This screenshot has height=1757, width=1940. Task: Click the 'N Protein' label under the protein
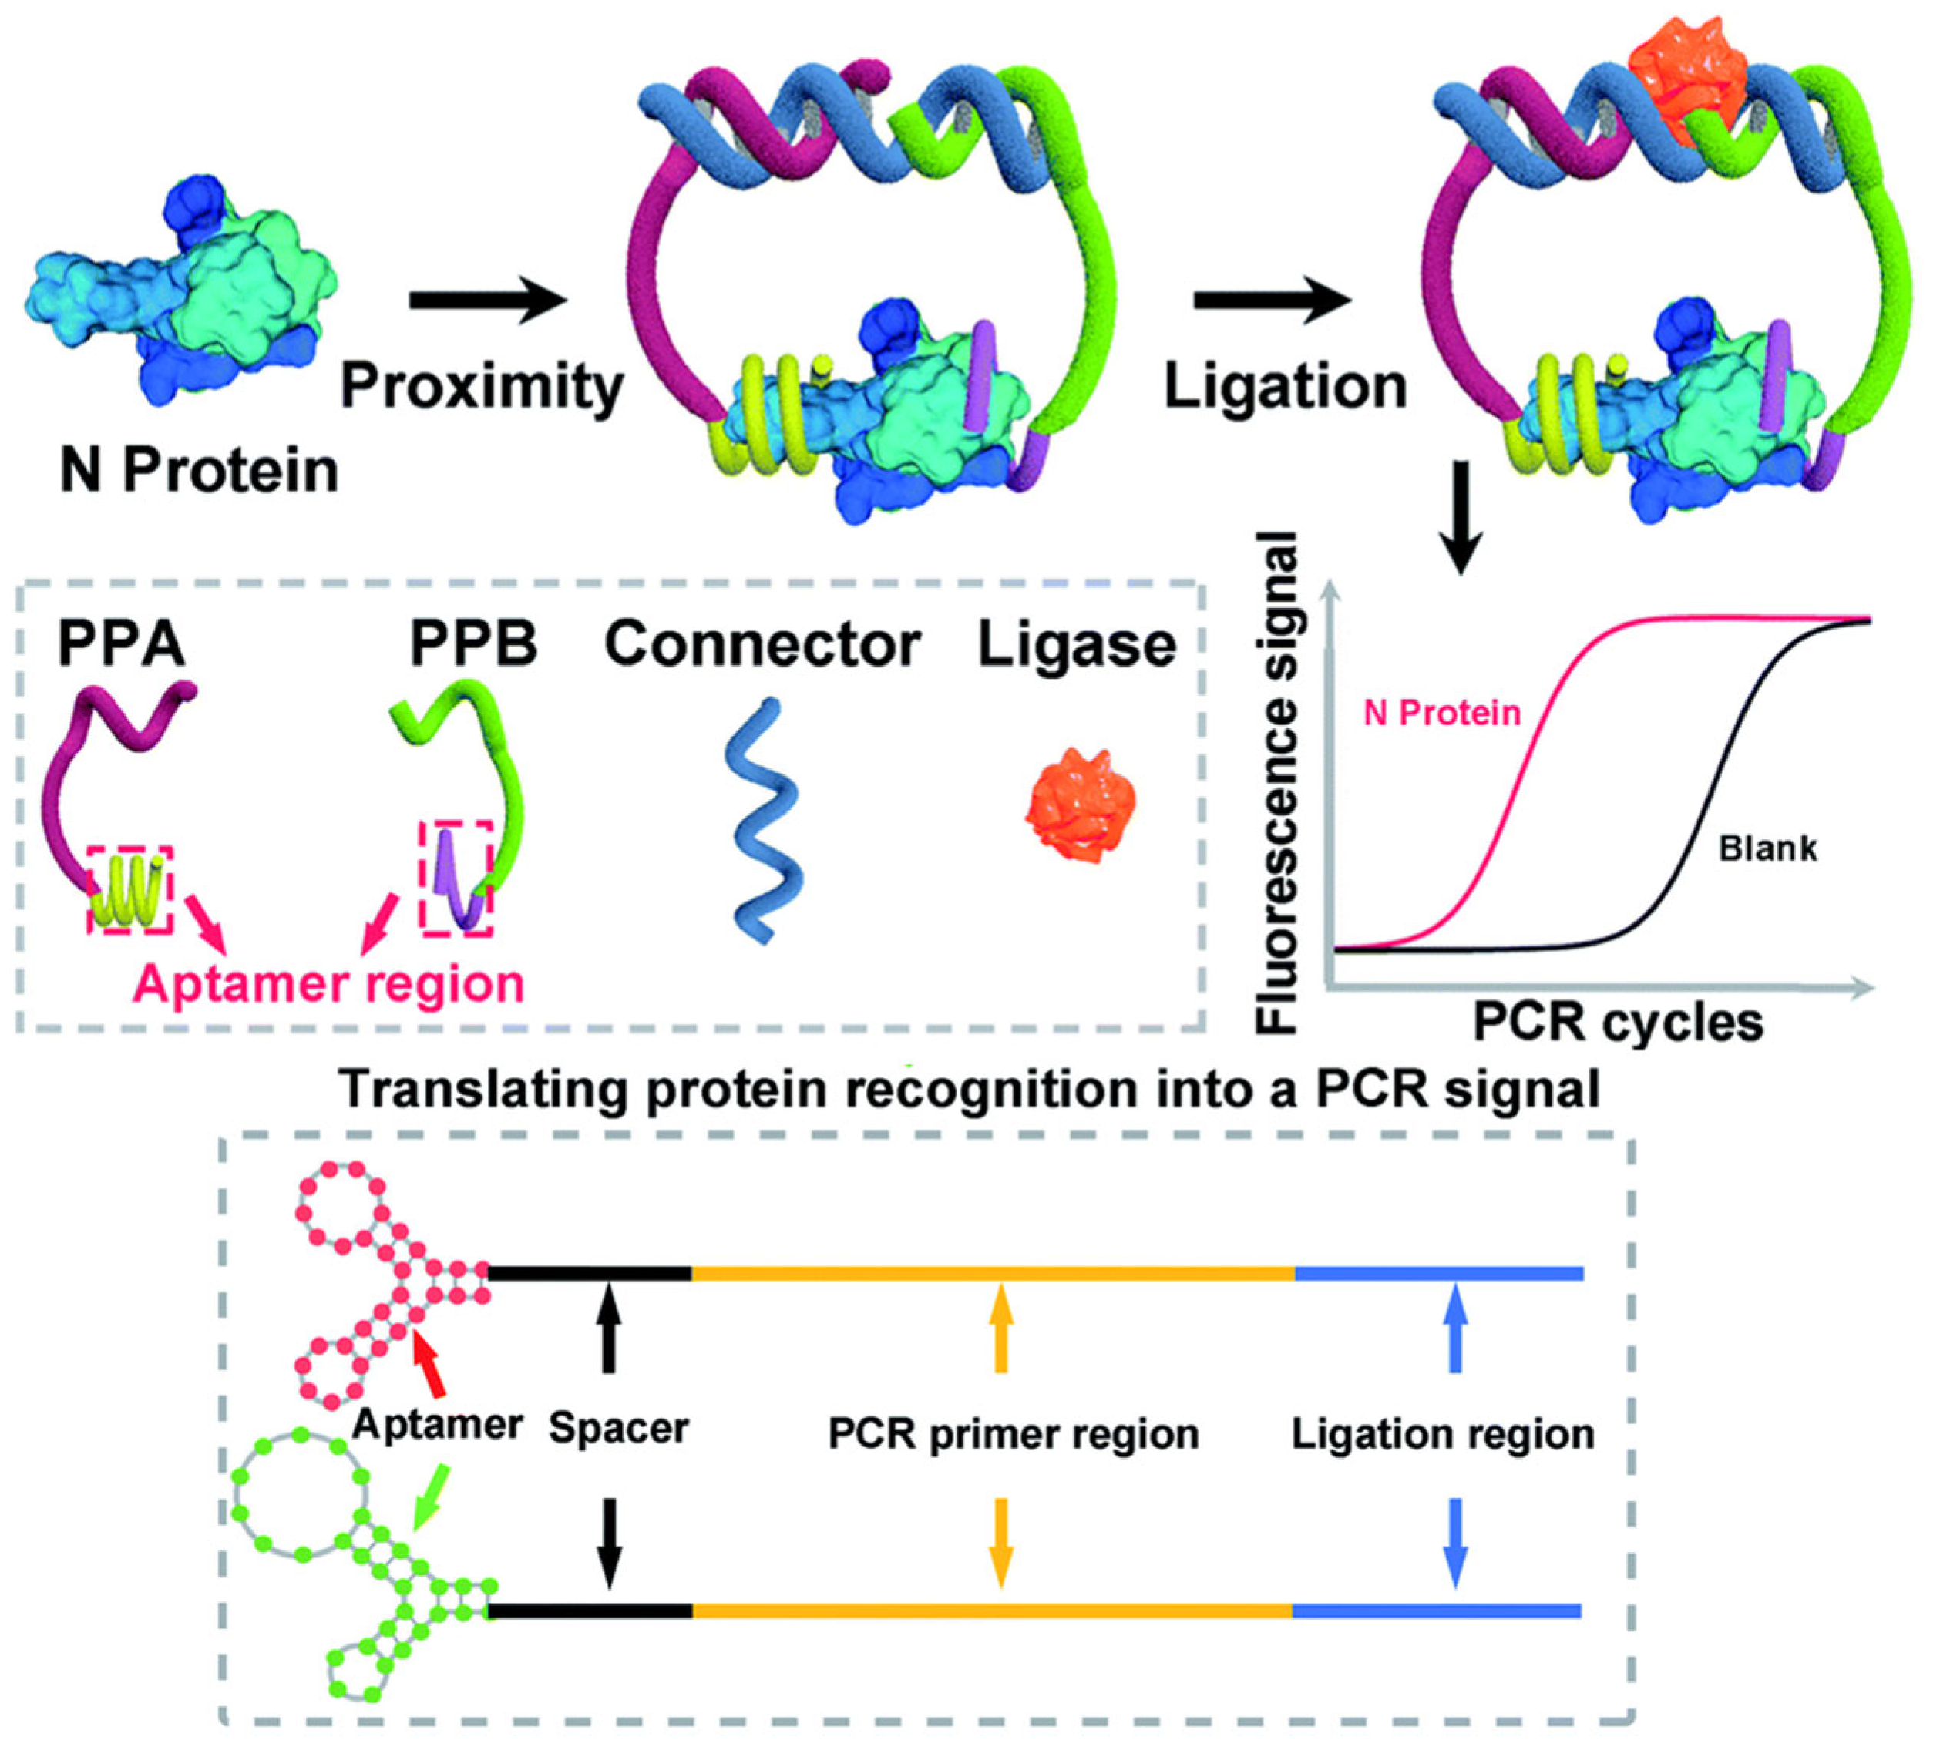pos(199,472)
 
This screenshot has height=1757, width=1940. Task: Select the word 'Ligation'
pos(1286,386)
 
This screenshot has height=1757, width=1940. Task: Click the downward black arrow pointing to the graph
pos(1460,519)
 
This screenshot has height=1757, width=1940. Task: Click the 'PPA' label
pos(121,643)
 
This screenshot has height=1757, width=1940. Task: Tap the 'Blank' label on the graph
pos(1769,848)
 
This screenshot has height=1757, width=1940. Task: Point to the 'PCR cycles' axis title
pos(1619,1022)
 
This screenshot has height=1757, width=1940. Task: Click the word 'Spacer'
pos(619,1428)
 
